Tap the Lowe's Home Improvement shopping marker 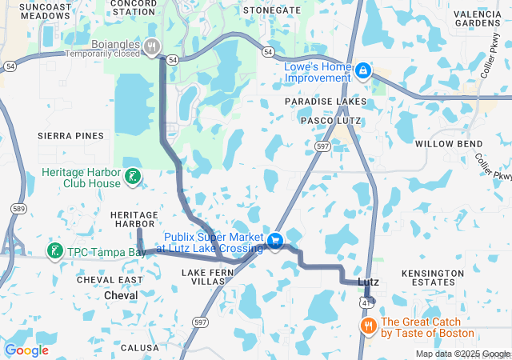click(x=363, y=72)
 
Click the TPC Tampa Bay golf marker click(x=54, y=252)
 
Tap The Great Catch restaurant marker click(x=369, y=326)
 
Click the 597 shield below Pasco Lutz click(x=322, y=146)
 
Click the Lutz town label click(x=368, y=282)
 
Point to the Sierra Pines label click(x=71, y=136)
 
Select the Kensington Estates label click(x=432, y=278)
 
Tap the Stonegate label click(x=272, y=10)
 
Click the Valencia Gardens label click(x=477, y=18)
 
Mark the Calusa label click(x=140, y=348)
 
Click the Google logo click(x=26, y=350)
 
